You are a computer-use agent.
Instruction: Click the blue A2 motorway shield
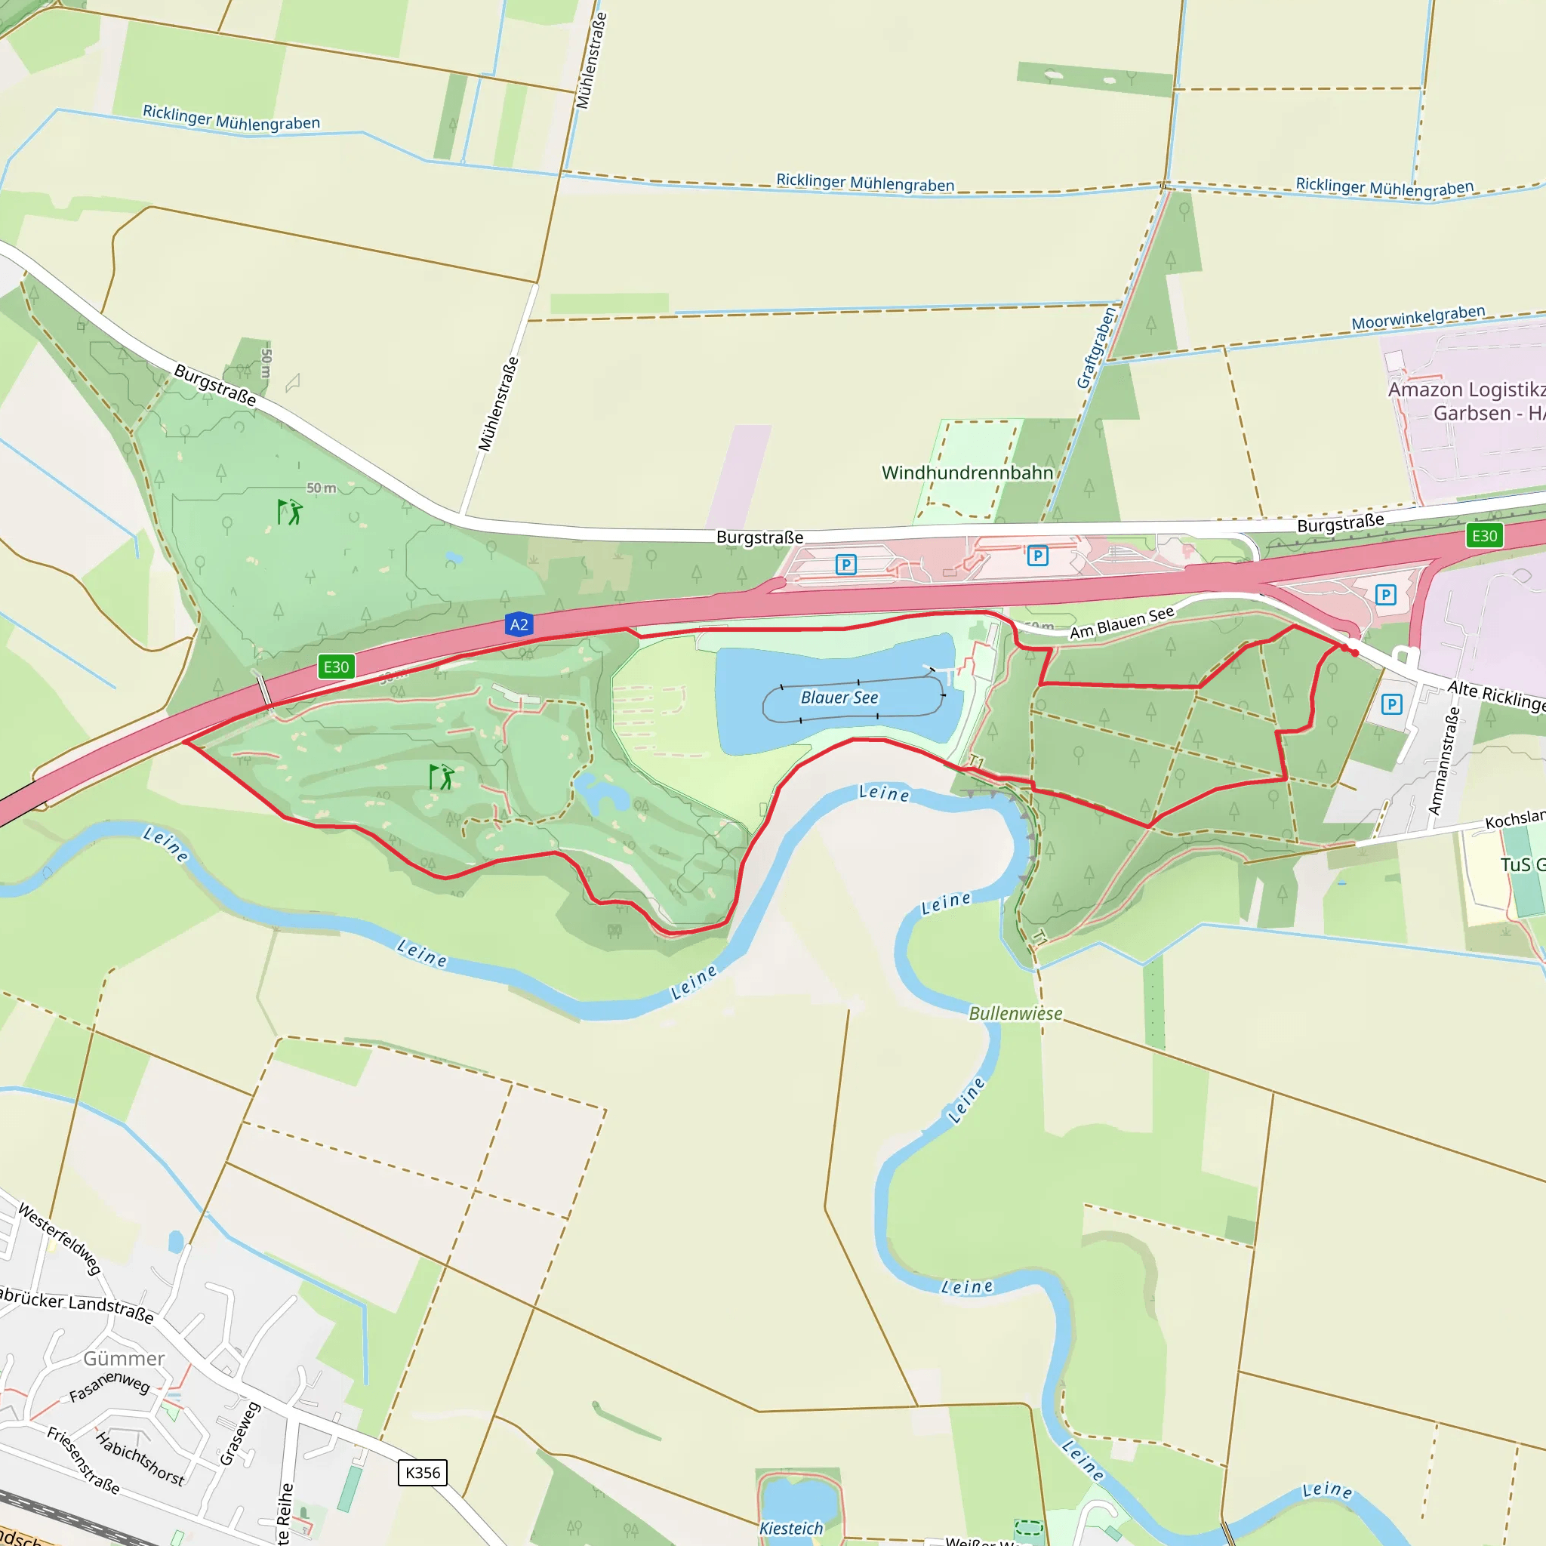point(519,624)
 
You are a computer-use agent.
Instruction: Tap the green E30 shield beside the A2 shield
point(336,667)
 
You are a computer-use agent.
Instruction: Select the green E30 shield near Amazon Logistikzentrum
point(1483,535)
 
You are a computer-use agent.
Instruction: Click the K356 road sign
point(423,1472)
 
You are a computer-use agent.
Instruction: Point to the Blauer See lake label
point(839,698)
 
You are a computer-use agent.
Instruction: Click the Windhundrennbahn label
point(967,473)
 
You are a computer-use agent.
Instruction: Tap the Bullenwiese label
point(1015,1013)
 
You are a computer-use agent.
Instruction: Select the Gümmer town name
point(124,1359)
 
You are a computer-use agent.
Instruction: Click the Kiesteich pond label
point(790,1529)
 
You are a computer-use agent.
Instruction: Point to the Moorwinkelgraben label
point(1418,318)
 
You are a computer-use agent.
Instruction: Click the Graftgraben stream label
point(1095,349)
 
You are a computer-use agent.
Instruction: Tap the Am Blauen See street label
point(1121,623)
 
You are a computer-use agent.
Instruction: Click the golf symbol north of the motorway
point(289,512)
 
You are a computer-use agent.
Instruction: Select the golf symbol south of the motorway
point(441,776)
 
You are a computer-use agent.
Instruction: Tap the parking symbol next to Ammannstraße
point(1391,704)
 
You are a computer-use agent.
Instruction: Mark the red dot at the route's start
point(1354,653)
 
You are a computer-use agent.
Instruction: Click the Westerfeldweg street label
point(60,1239)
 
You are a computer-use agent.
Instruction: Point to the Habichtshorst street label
point(140,1458)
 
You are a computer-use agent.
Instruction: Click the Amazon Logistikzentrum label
point(1466,401)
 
